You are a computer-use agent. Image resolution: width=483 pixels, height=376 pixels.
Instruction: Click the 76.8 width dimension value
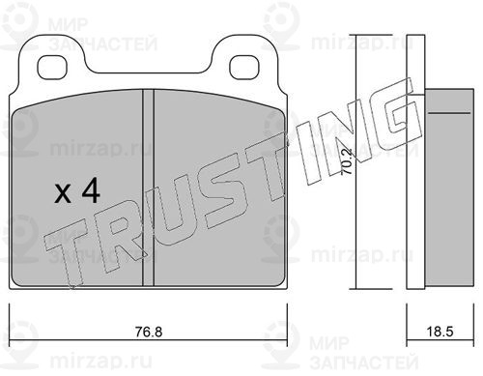click(x=149, y=332)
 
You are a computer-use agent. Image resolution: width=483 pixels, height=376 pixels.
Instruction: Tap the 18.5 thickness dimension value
click(x=440, y=332)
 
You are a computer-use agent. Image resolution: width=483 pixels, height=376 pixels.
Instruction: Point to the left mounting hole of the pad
click(x=52, y=67)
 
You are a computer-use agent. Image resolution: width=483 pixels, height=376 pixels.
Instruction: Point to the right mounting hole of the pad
click(x=244, y=67)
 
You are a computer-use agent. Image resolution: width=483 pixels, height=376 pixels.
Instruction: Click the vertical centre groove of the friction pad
click(x=148, y=188)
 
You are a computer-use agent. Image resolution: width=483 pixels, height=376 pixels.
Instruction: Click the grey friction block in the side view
click(x=449, y=188)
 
